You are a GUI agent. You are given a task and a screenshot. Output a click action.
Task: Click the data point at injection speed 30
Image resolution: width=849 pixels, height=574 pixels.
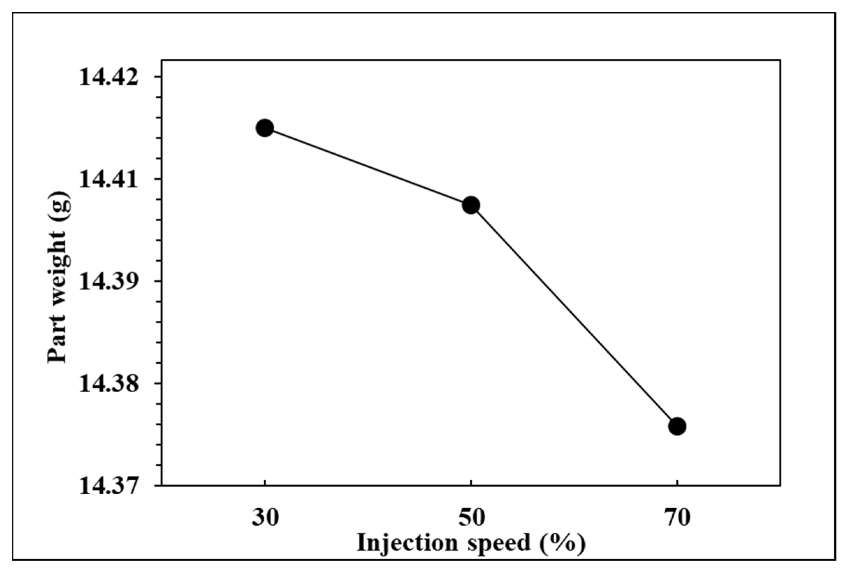coord(265,128)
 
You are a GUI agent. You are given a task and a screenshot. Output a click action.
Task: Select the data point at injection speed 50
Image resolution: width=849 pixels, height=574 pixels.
coord(471,205)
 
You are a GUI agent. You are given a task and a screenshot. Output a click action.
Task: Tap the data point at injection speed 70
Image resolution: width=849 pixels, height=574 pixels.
coord(677,426)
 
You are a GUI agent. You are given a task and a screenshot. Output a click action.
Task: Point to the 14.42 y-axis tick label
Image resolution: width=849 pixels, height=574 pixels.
coord(109,78)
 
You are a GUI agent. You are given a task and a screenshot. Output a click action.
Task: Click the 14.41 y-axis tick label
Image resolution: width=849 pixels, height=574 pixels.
coord(109,180)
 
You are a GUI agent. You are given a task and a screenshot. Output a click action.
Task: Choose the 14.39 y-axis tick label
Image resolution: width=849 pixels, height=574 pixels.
coord(109,282)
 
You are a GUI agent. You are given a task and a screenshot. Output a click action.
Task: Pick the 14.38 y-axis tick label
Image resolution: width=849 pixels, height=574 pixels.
coord(109,384)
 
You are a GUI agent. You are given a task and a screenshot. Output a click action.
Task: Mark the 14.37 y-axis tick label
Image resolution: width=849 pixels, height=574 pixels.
coord(109,487)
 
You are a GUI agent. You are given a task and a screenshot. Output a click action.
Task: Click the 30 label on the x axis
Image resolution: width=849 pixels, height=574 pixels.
coord(265,518)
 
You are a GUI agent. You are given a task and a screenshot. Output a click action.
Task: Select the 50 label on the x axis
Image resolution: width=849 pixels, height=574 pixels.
coord(471,518)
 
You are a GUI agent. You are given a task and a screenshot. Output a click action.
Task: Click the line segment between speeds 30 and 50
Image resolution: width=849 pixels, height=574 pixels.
coord(368,167)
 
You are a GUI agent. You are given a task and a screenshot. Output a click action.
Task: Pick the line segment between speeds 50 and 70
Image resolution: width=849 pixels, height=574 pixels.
coord(574,316)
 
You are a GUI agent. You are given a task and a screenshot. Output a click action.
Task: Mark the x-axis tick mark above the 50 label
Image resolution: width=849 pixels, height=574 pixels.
coord(471,489)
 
